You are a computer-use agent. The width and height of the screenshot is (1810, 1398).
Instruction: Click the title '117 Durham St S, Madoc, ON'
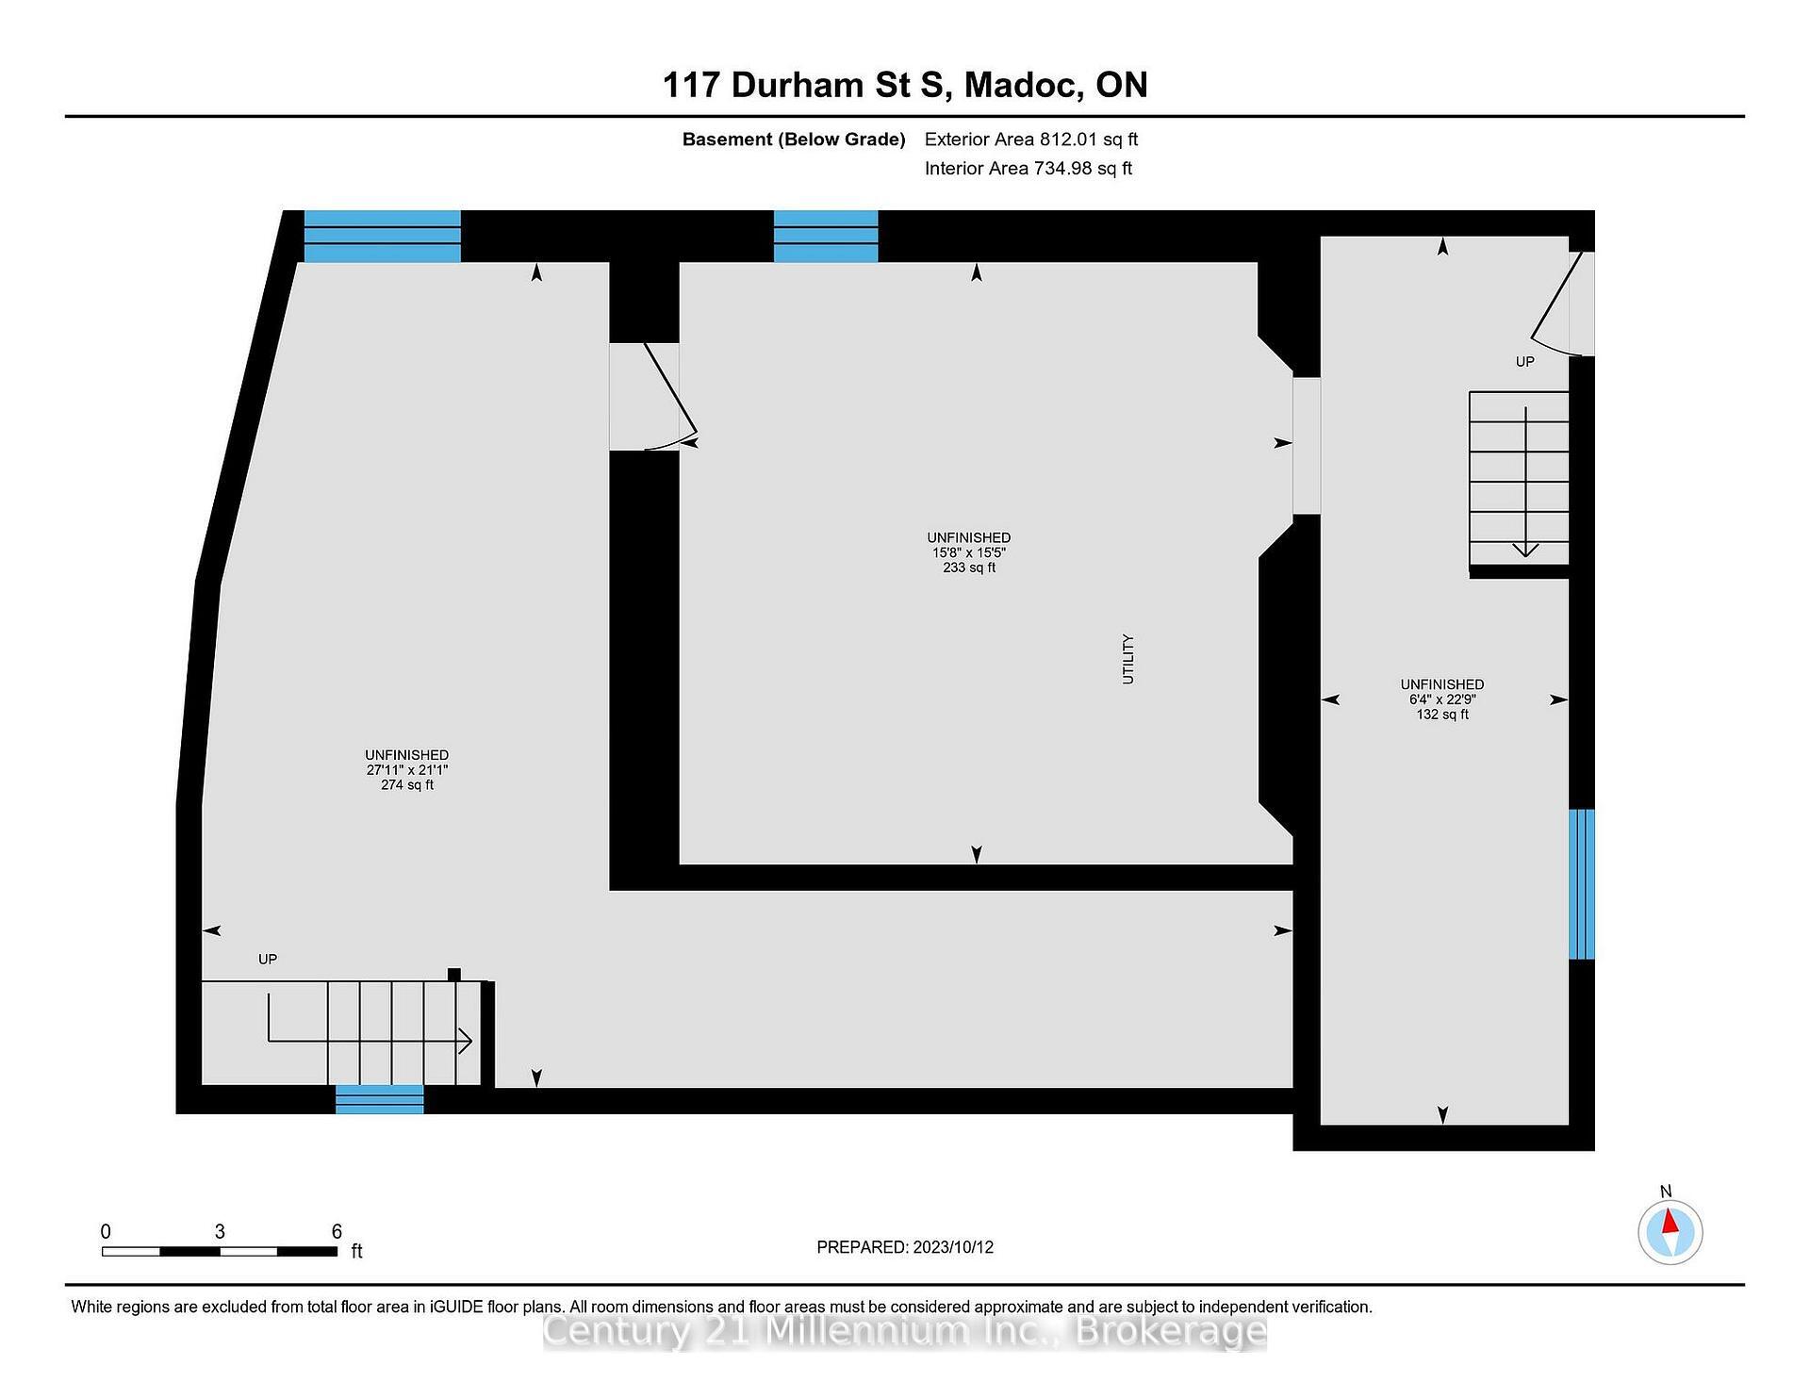[x=904, y=85]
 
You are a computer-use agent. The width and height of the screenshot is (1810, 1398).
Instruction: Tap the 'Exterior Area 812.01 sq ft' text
[x=1030, y=140]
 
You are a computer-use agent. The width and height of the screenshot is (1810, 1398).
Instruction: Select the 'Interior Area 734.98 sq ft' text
[x=1028, y=169]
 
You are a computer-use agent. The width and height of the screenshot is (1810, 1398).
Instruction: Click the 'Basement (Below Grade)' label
[x=793, y=140]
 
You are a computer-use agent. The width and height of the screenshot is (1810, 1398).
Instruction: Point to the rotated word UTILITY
[x=1127, y=659]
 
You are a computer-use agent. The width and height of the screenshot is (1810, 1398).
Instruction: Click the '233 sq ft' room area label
[x=968, y=568]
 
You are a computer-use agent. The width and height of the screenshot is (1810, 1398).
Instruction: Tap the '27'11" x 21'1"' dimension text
[x=406, y=770]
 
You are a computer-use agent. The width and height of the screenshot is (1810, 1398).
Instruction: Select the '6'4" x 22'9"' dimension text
[x=1441, y=699]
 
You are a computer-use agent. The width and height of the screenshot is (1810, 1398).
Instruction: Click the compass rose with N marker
[x=1670, y=1232]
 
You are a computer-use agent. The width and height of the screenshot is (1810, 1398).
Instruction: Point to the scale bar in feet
[x=220, y=1251]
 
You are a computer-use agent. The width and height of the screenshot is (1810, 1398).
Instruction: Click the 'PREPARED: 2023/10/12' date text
[x=904, y=1247]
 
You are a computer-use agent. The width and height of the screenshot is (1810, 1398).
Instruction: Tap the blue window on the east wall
[x=1581, y=883]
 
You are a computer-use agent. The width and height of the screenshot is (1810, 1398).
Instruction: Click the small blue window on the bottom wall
[x=380, y=1099]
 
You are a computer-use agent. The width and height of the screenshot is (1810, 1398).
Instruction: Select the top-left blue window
[x=382, y=236]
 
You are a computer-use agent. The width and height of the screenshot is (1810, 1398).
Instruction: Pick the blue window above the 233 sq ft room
[x=826, y=236]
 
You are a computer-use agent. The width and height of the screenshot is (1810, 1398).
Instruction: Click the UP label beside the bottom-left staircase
[x=268, y=960]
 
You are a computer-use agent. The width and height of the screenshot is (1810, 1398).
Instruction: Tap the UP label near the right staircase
[x=1524, y=362]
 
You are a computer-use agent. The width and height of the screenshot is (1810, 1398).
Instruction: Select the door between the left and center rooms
[x=650, y=397]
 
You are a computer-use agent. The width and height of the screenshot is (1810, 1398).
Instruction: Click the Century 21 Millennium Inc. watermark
[x=904, y=1331]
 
